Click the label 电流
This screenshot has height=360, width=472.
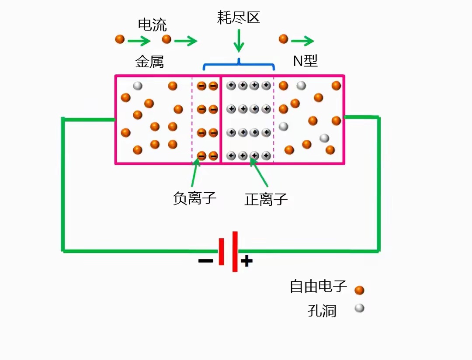pyautogui.click(x=152, y=25)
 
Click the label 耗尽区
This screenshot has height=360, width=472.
pyautogui.click(x=239, y=18)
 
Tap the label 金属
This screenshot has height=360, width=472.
pyautogui.click(x=149, y=62)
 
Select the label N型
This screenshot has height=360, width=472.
pyautogui.click(x=305, y=61)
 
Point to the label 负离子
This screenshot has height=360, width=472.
pyautogui.click(x=195, y=199)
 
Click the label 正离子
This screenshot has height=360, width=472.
pyautogui.click(x=266, y=200)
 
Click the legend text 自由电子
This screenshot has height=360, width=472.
pyautogui.click(x=318, y=287)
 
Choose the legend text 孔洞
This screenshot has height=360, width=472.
pyautogui.click(x=322, y=311)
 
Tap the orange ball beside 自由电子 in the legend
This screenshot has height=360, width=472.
pyautogui.click(x=359, y=290)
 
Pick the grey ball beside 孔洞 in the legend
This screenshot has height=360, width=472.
pyautogui.click(x=359, y=308)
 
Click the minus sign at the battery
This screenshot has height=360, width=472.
pyautogui.click(x=205, y=261)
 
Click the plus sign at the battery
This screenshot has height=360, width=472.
pyautogui.click(x=247, y=261)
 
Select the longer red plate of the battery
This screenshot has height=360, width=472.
pyautogui.click(x=235, y=251)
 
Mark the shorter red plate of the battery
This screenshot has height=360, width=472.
pyautogui.click(x=222, y=251)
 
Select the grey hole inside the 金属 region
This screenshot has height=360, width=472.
pyautogui.click(x=138, y=86)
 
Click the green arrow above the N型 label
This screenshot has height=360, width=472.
pyautogui.click(x=302, y=42)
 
